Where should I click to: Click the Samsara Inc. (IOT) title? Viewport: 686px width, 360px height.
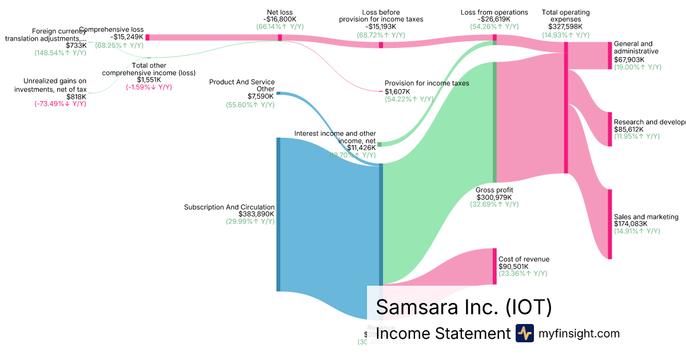464,307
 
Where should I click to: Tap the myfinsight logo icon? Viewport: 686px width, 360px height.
524,333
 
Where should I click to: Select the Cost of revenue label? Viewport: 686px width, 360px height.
524,259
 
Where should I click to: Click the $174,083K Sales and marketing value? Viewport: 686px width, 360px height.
631,224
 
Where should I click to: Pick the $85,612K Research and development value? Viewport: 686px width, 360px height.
628,129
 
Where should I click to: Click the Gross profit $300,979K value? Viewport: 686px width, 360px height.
494,198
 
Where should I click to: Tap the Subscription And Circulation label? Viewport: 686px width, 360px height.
229,207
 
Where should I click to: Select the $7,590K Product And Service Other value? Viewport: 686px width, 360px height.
261,96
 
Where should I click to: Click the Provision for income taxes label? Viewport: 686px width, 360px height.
426,83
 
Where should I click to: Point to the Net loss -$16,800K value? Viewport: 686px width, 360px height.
280,19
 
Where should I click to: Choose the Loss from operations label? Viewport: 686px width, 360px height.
494,12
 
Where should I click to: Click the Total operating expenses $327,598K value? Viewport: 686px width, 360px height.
565,26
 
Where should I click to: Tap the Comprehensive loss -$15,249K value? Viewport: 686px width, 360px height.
127,37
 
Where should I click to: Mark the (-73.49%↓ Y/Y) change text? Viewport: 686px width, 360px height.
60,104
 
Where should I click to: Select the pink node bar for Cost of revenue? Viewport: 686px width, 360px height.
495,266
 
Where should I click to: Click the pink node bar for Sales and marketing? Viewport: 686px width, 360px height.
609,224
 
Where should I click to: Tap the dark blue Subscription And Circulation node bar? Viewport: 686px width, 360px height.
278,214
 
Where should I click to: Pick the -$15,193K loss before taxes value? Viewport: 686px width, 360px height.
381,27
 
